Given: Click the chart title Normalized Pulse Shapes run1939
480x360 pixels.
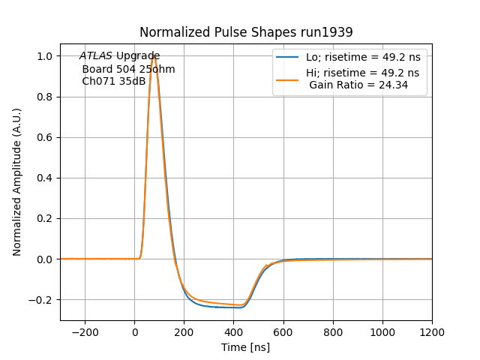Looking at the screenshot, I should tap(246, 32).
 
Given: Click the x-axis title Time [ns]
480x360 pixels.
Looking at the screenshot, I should tap(245, 347).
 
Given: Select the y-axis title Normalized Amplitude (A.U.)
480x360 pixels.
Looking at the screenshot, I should tap(17, 182).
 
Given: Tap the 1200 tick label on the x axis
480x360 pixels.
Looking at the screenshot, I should tap(432, 332).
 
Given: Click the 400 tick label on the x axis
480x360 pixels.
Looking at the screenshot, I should tap(234, 332).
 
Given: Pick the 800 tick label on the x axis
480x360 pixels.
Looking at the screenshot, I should tap(333, 332).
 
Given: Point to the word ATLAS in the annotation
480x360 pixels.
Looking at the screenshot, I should tap(96, 56).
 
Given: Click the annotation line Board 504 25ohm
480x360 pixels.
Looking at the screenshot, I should tap(128, 69).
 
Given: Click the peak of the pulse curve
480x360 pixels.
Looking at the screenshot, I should tap(153, 56).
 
